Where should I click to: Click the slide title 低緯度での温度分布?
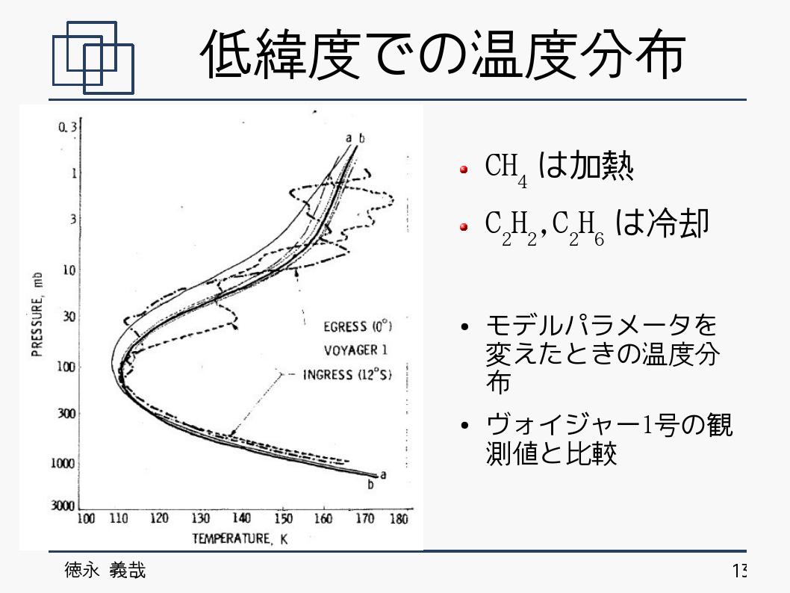444,55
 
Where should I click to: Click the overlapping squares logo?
93,58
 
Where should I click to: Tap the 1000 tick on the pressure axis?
63,463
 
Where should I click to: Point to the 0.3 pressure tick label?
67,127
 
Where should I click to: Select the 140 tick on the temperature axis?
241,518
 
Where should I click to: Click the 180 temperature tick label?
399,518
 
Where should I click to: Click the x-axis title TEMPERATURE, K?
240,539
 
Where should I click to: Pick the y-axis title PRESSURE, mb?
37,314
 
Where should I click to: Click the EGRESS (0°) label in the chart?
357,326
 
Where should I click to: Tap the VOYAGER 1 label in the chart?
355,350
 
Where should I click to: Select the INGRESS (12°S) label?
347,374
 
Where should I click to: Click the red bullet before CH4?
464,170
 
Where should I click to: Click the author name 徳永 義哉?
105,571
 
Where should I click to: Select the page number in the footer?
738,571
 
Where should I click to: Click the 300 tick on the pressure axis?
66,413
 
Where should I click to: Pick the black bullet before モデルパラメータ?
464,327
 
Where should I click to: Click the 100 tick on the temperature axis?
86,518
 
